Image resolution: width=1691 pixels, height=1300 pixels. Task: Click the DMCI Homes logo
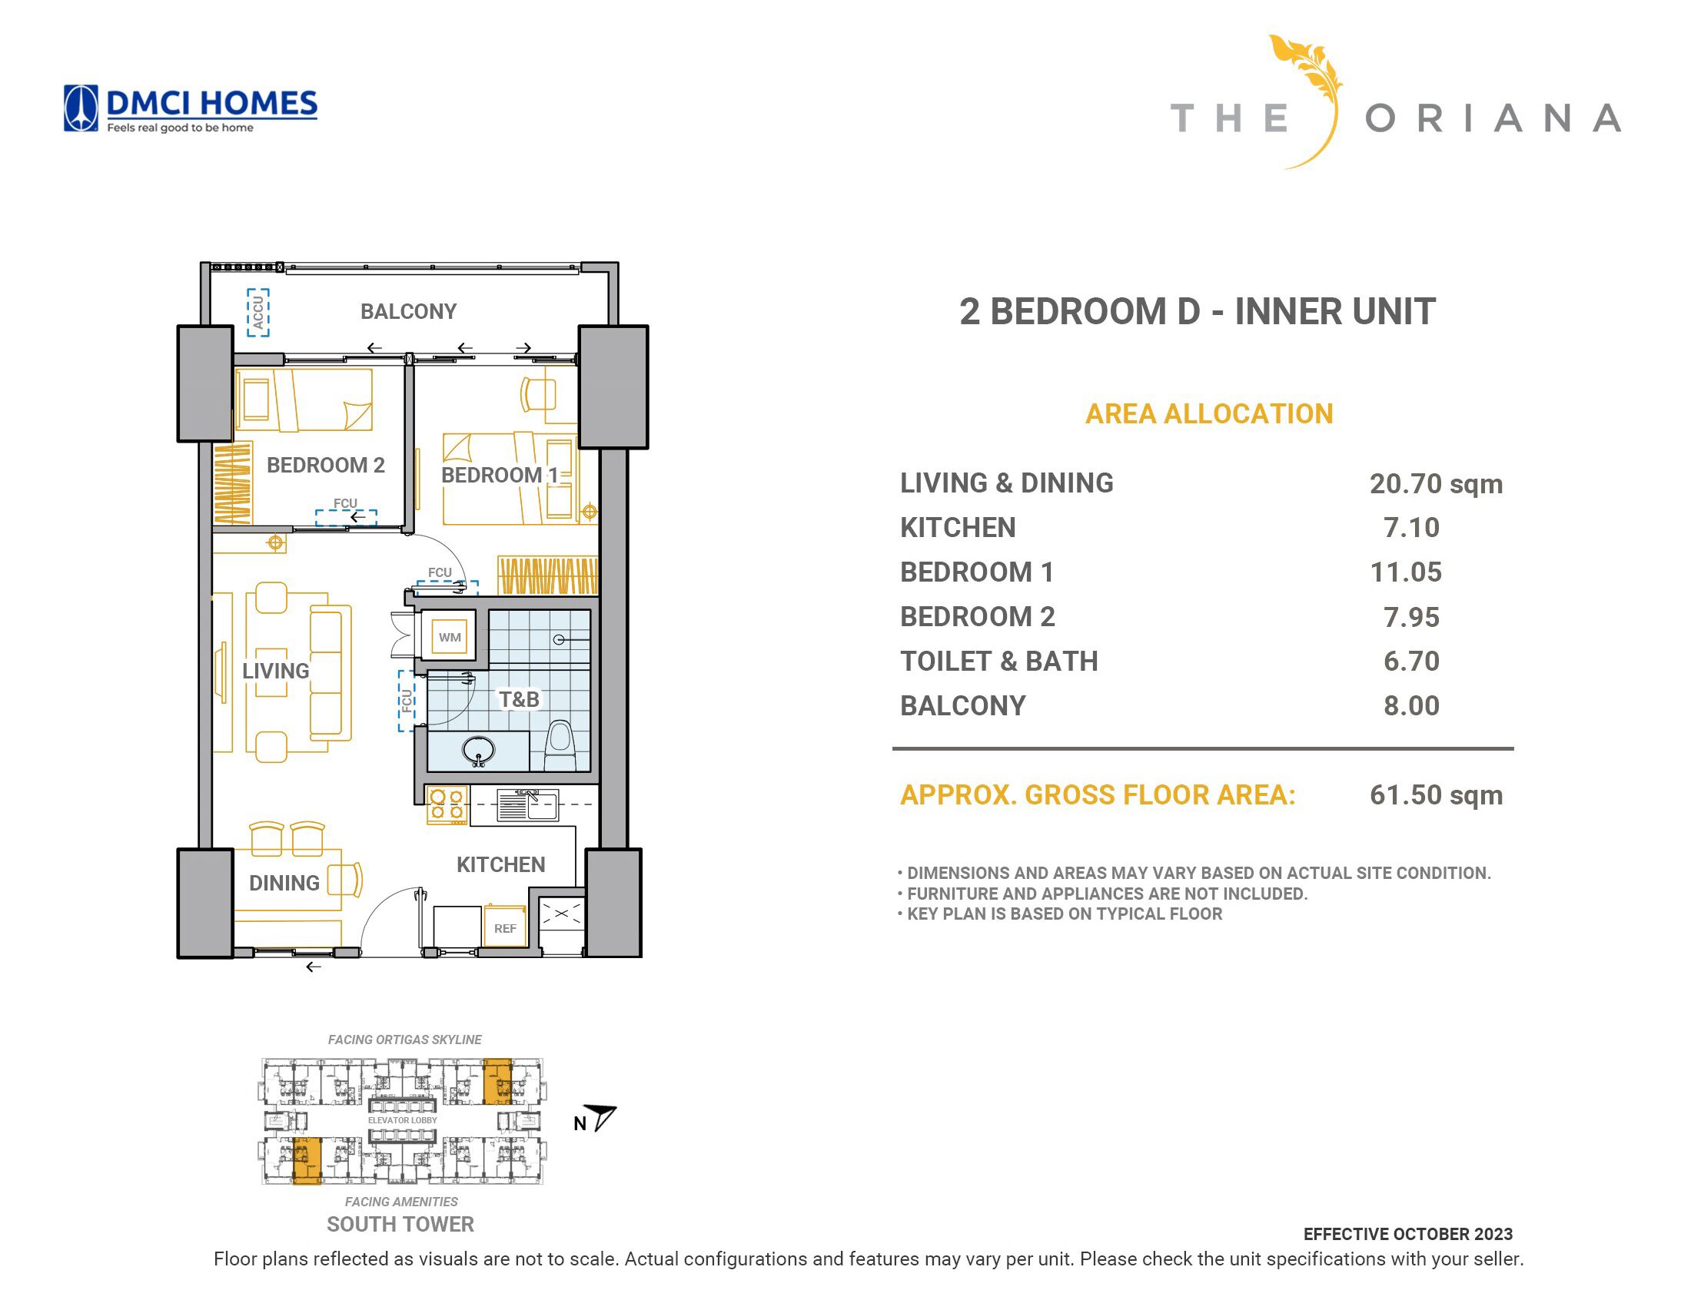pyautogui.click(x=190, y=109)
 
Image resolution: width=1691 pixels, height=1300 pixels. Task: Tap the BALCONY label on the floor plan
pyautogui.click(x=408, y=312)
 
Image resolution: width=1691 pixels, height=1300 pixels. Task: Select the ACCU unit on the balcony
pyautogui.click(x=258, y=313)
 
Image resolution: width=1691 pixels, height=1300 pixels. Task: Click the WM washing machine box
pyautogui.click(x=450, y=637)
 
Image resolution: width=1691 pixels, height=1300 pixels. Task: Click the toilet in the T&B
pyautogui.click(x=560, y=746)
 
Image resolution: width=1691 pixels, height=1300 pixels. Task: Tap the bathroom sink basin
pyautogui.click(x=478, y=750)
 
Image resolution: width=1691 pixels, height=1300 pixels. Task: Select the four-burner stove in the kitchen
pyautogui.click(x=447, y=804)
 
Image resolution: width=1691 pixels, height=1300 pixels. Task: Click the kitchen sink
pyautogui.click(x=527, y=804)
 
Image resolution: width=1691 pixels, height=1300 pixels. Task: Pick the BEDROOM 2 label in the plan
pyautogui.click(x=325, y=465)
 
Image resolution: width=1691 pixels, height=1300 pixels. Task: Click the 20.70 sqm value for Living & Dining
pyautogui.click(x=1436, y=483)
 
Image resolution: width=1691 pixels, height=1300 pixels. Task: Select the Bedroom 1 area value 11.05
pyautogui.click(x=1405, y=572)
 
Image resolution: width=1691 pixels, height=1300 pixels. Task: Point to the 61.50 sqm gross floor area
pyautogui.click(x=1436, y=794)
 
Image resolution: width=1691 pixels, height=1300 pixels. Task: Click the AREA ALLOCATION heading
pyautogui.click(x=1209, y=414)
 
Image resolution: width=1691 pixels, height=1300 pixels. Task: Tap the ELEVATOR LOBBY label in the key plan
pyautogui.click(x=403, y=1120)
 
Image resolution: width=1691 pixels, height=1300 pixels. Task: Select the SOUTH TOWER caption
pyautogui.click(x=400, y=1224)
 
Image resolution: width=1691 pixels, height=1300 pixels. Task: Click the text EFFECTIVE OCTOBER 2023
pyautogui.click(x=1407, y=1234)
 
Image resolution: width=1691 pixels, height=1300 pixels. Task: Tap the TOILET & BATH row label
pyautogui.click(x=999, y=662)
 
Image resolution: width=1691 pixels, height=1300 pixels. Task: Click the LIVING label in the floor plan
pyautogui.click(x=275, y=671)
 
